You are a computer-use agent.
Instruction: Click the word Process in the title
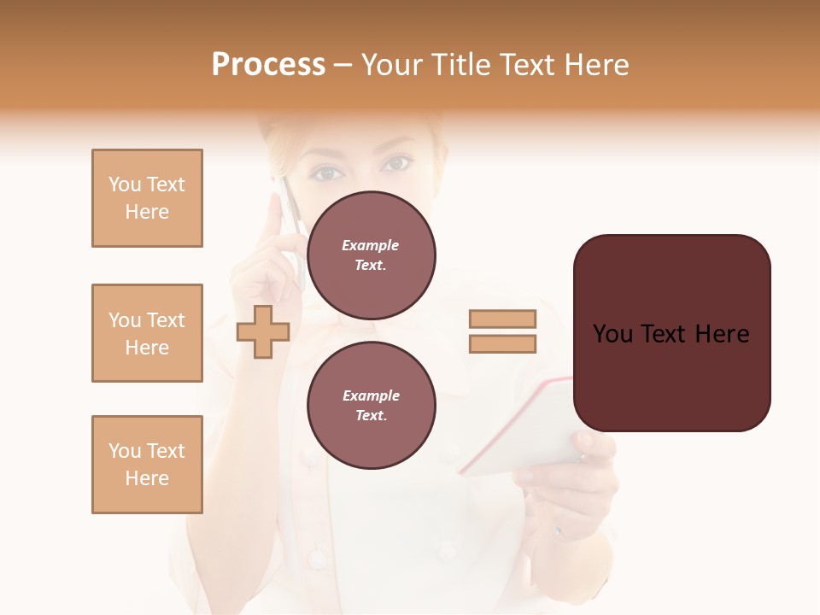click(268, 65)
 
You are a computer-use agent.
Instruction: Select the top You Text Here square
click(147, 198)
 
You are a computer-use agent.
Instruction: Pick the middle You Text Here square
click(147, 333)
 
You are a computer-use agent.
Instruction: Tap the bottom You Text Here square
click(147, 465)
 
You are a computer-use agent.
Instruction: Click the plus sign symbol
click(262, 331)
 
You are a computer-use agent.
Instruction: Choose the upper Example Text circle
click(371, 255)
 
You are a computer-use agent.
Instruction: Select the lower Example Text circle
click(371, 406)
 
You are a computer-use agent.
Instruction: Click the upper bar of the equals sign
click(502, 319)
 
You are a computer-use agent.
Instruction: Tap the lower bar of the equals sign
click(502, 343)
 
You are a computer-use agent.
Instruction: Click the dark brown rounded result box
click(671, 332)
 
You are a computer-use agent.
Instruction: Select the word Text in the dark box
click(671, 334)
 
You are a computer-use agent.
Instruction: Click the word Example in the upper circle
click(371, 245)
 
